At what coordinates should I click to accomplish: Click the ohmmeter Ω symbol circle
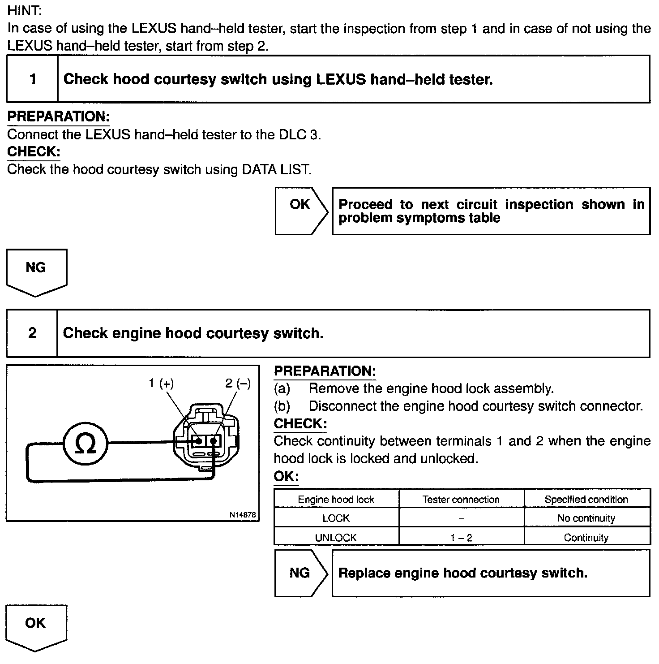pyautogui.click(x=85, y=444)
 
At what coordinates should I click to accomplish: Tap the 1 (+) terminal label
pyautogui.click(x=161, y=383)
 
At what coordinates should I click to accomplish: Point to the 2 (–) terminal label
pyautogui.click(x=238, y=383)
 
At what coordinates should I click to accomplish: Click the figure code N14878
pyautogui.click(x=243, y=515)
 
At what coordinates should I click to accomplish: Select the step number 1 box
pyautogui.click(x=32, y=79)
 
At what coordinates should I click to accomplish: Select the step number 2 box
pyautogui.click(x=32, y=333)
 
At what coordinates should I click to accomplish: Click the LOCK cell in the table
pyautogui.click(x=336, y=518)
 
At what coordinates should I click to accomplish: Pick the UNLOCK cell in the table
pyautogui.click(x=336, y=538)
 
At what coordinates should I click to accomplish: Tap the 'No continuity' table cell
pyautogui.click(x=586, y=518)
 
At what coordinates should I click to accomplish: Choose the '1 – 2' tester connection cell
pyautogui.click(x=461, y=538)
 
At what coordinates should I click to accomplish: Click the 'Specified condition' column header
pyautogui.click(x=586, y=499)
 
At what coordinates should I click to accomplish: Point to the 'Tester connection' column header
pyautogui.click(x=461, y=499)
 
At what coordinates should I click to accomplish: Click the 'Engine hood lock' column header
pyautogui.click(x=336, y=499)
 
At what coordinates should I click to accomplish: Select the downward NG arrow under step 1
pyautogui.click(x=36, y=270)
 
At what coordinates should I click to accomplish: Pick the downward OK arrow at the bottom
pyautogui.click(x=36, y=625)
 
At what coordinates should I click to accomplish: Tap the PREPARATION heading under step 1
pyautogui.click(x=59, y=116)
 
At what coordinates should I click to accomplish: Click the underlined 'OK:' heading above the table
pyautogui.click(x=286, y=476)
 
